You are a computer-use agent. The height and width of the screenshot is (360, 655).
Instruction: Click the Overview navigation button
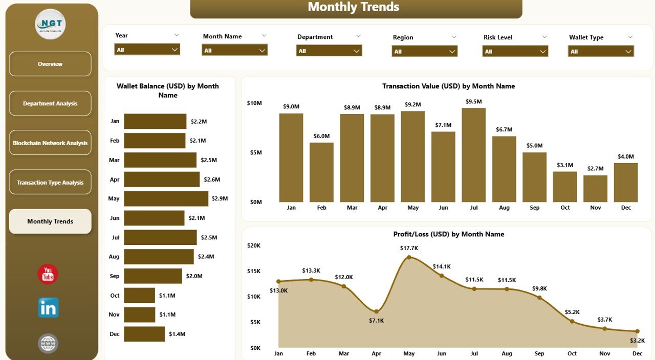tap(50, 64)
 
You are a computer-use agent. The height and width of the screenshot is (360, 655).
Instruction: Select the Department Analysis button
tap(50, 103)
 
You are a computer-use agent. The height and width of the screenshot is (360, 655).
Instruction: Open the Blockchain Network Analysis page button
tap(50, 143)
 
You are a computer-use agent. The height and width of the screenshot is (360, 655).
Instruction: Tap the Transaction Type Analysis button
tap(50, 183)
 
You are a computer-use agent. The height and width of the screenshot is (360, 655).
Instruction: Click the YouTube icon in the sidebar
tap(48, 274)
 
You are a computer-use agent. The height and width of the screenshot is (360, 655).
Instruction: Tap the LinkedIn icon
tap(48, 308)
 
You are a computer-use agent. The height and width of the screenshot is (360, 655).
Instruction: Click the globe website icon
tap(48, 343)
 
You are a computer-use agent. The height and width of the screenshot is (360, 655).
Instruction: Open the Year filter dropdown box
tap(147, 50)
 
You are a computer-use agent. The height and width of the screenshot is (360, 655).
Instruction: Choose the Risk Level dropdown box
tap(515, 51)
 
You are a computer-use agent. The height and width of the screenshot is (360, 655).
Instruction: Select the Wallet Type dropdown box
tap(601, 51)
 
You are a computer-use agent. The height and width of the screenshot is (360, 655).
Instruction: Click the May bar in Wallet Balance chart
tap(166, 198)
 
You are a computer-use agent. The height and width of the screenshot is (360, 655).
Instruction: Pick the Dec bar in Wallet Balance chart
tap(144, 334)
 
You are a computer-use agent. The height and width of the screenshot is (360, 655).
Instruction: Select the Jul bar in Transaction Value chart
tap(473, 155)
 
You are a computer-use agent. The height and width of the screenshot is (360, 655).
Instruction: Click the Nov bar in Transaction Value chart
tap(595, 189)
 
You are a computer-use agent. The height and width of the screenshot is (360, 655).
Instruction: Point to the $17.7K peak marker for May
tap(409, 257)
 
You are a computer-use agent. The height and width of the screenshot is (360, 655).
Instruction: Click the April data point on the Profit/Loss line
tap(376, 311)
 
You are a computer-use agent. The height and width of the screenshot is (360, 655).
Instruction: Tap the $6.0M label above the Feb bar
tap(321, 136)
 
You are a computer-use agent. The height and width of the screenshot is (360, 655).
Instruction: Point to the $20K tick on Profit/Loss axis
tap(254, 245)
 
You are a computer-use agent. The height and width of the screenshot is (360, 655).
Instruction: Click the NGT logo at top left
tap(50, 24)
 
